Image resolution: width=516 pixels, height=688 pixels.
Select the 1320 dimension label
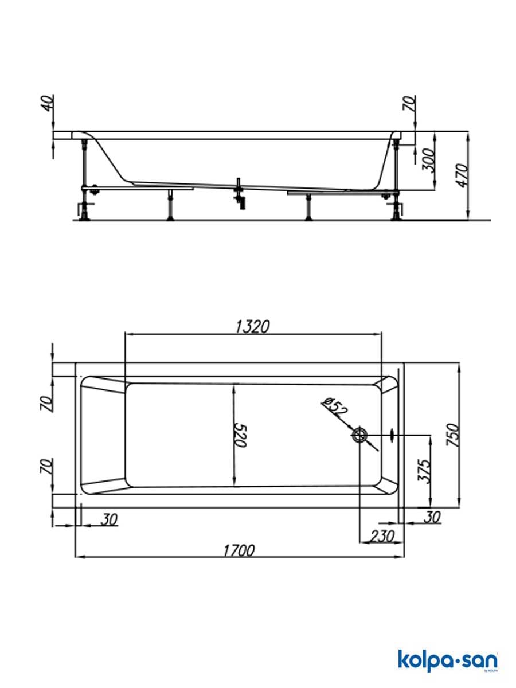[252, 326]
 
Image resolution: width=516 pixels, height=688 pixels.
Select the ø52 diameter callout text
[335, 406]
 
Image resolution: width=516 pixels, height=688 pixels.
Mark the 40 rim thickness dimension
[49, 104]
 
